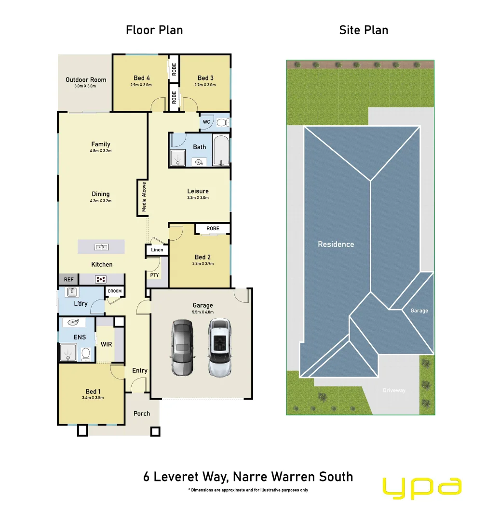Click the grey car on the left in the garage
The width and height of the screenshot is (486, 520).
(182, 347)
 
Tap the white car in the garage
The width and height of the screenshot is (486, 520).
(220, 347)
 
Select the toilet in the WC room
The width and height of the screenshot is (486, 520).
(222, 123)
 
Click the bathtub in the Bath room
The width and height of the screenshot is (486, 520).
(221, 151)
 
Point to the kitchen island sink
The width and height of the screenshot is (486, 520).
(101, 247)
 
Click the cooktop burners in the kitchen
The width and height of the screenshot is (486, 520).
(101, 279)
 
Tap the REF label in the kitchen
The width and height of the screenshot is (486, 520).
(68, 279)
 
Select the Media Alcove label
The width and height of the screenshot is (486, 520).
(143, 197)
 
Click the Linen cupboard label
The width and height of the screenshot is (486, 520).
(157, 250)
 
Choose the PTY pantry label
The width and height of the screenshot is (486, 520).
(154, 275)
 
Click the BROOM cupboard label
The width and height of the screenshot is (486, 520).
(115, 291)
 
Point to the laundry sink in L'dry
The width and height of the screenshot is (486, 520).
(71, 292)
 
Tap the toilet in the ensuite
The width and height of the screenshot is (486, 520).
(86, 354)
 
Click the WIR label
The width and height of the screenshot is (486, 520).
(106, 344)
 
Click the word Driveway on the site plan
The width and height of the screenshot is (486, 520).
(394, 390)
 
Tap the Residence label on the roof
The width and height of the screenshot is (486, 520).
(336, 245)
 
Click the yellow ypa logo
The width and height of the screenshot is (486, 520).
(422, 487)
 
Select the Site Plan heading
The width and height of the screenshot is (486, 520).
(364, 30)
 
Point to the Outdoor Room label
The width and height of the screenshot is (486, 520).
(86, 80)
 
